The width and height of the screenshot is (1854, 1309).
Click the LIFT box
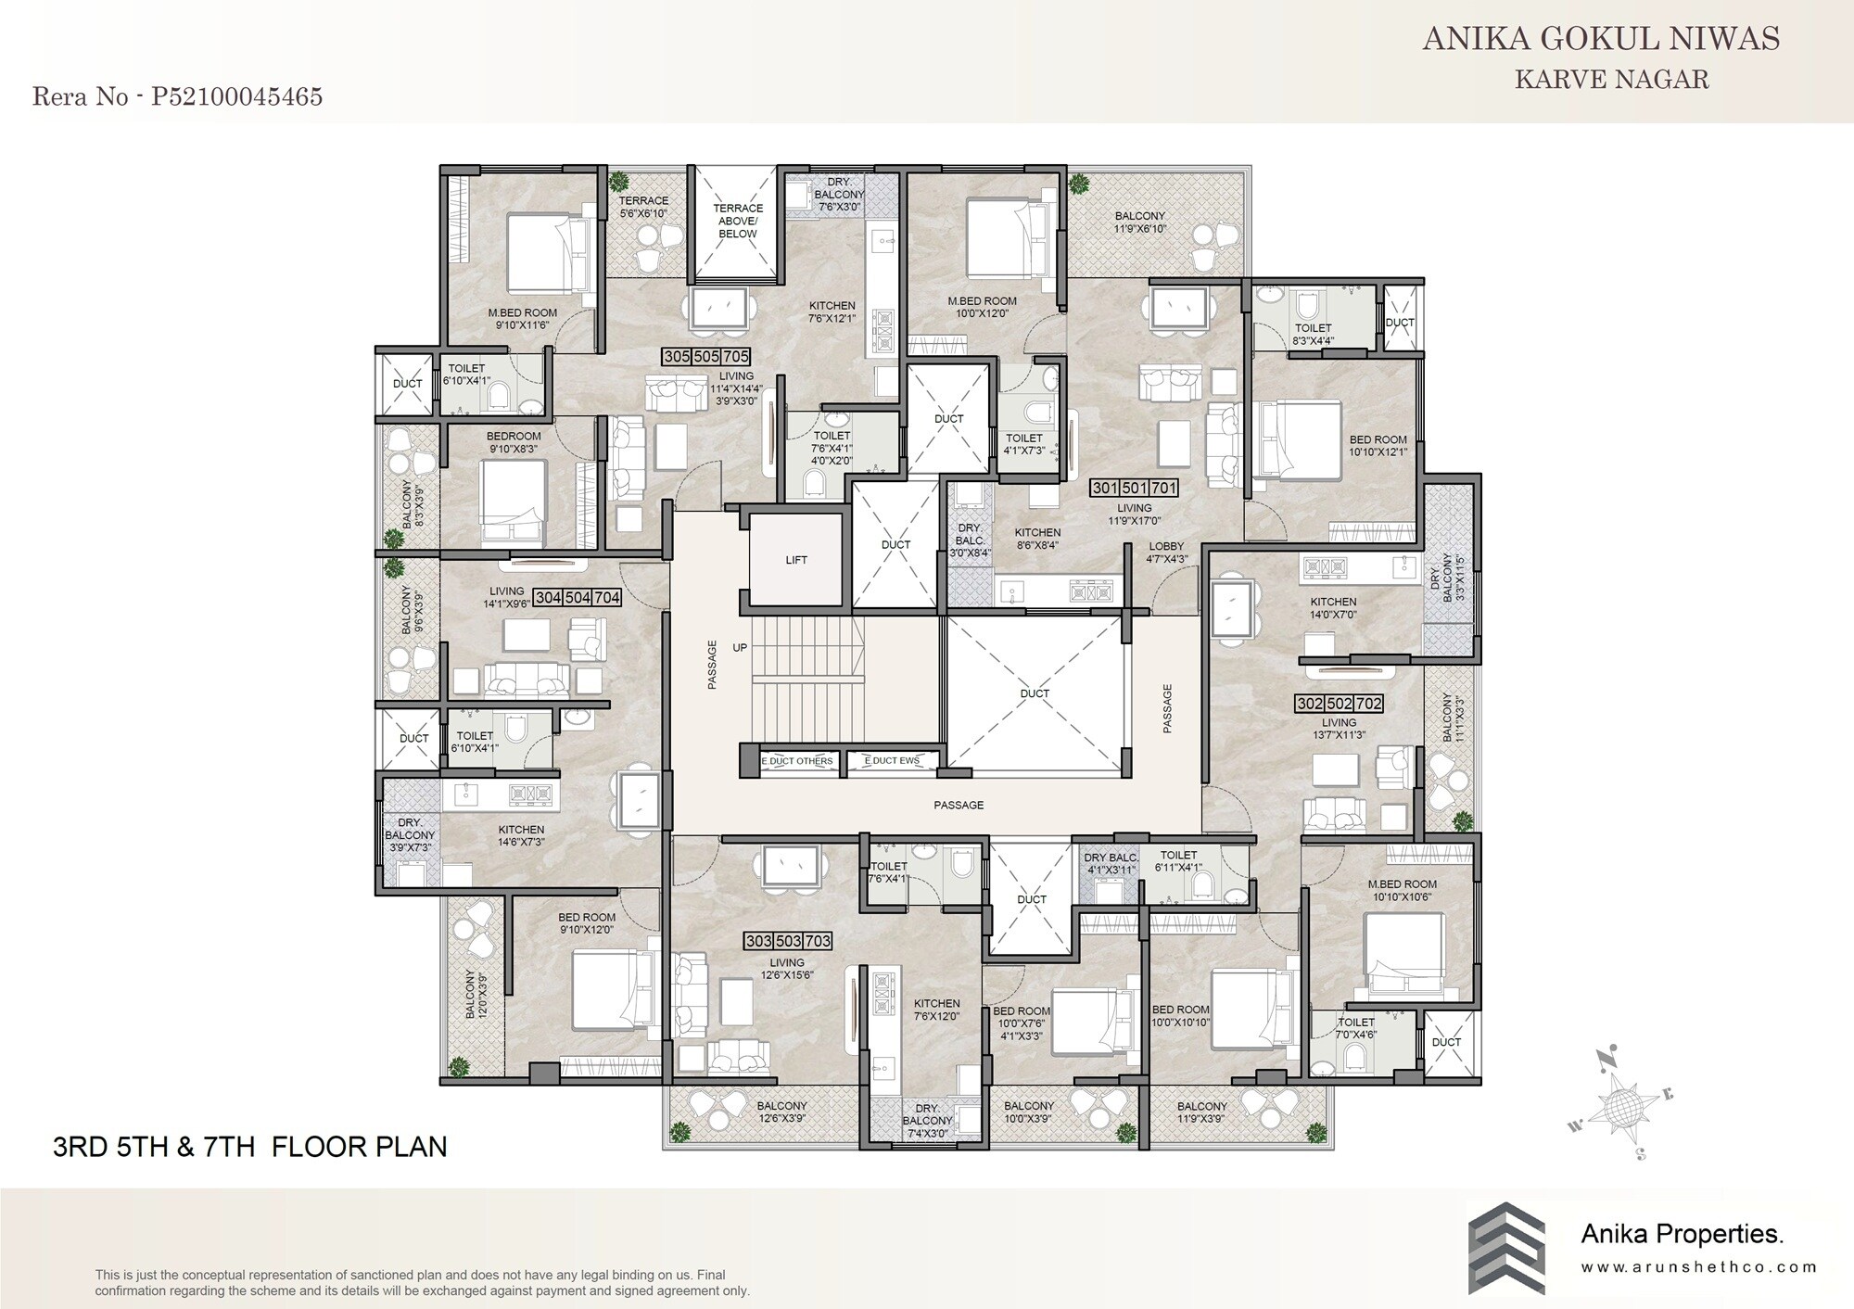coord(796,560)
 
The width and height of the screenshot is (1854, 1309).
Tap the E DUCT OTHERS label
coord(797,761)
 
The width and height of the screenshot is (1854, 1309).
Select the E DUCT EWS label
coord(892,761)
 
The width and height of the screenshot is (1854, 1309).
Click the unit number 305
coord(677,357)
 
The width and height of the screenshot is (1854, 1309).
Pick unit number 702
coord(1368,704)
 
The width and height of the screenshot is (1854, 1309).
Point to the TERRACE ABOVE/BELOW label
coord(737,221)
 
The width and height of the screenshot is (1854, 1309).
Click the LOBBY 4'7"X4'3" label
coord(1166,553)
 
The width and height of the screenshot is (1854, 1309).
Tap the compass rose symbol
coord(1624,1103)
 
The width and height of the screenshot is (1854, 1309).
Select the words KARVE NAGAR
coord(1611,80)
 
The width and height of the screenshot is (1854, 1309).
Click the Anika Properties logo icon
coord(1506,1248)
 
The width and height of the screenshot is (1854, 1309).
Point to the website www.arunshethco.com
coord(1698,1267)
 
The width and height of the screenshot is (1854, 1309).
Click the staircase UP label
coord(740,648)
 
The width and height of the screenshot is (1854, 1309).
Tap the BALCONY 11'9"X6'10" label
coord(1139,222)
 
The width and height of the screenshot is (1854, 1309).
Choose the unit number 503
coord(788,941)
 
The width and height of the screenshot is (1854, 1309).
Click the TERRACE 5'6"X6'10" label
coord(643,207)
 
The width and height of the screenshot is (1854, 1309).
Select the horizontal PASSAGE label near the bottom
coord(959,805)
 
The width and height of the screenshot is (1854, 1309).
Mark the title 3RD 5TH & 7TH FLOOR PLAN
coord(250,1147)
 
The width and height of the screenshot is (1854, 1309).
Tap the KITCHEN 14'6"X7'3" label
coord(521,835)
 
